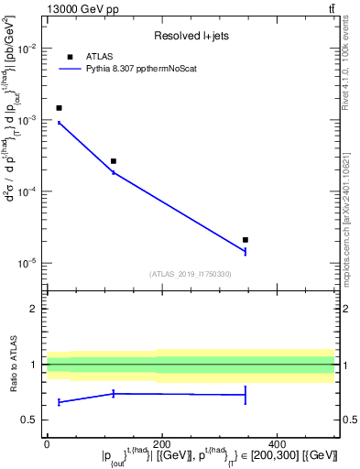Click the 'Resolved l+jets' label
[x=191, y=36]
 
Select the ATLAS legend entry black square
[x=70, y=57]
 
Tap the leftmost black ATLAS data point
[x=60, y=108]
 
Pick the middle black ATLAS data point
[x=114, y=161]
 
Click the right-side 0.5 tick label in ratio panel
[x=348, y=420]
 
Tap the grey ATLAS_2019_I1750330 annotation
[x=191, y=274]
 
